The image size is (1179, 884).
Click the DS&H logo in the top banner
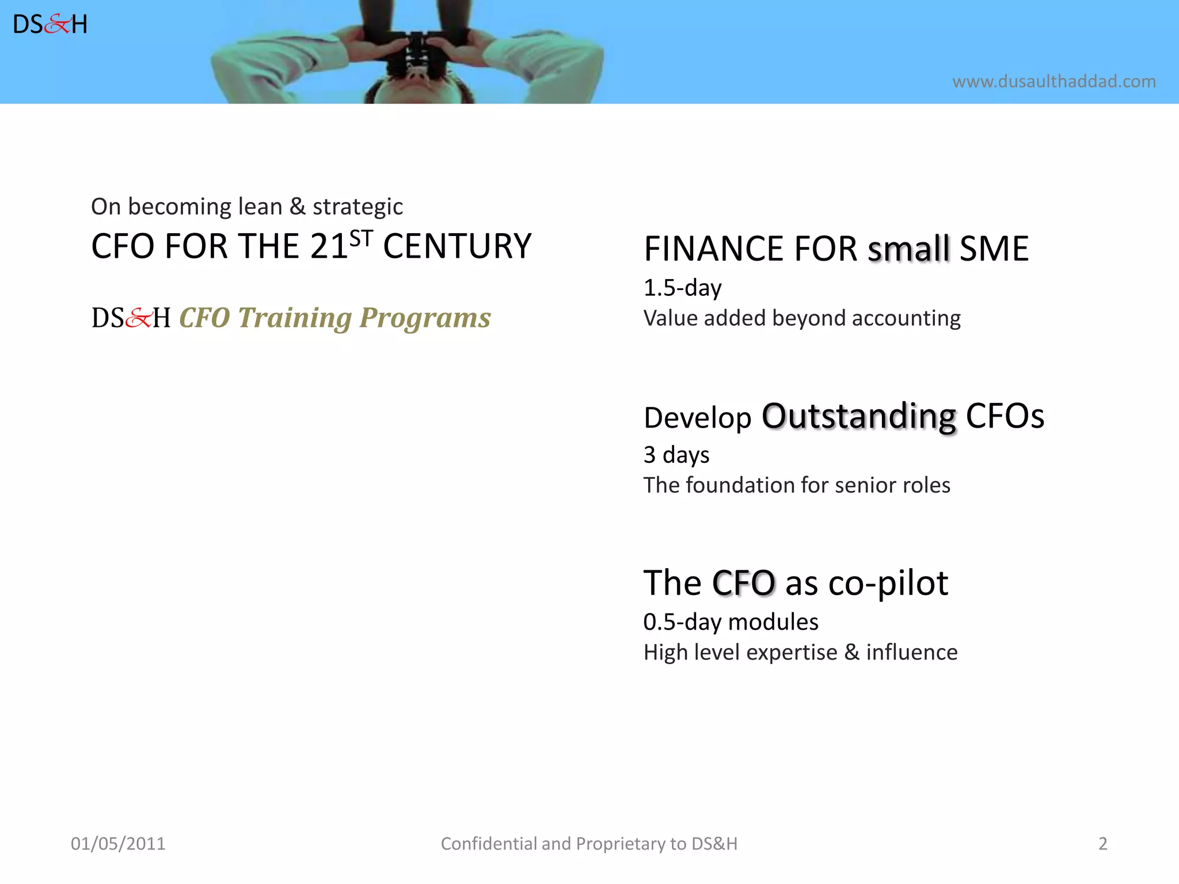click(50, 25)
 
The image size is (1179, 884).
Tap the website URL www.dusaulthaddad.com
click(1054, 81)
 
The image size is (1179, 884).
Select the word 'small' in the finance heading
click(908, 249)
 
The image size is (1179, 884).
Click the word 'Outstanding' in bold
click(858, 416)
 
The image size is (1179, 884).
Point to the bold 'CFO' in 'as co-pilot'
click(743, 583)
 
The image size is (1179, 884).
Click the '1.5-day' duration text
click(682, 288)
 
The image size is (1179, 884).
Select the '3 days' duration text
click(676, 455)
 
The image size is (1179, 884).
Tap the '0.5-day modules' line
click(731, 622)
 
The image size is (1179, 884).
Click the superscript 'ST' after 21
click(362, 238)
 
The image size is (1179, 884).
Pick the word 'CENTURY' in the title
click(457, 247)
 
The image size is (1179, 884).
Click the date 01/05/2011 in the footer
click(118, 844)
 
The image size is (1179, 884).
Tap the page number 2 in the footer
click(1102, 844)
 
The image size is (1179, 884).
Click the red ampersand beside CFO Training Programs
click(138, 318)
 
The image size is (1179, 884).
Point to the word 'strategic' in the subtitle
click(357, 207)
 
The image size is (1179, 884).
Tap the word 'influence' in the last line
click(911, 653)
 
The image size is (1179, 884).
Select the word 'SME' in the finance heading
click(994, 249)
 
